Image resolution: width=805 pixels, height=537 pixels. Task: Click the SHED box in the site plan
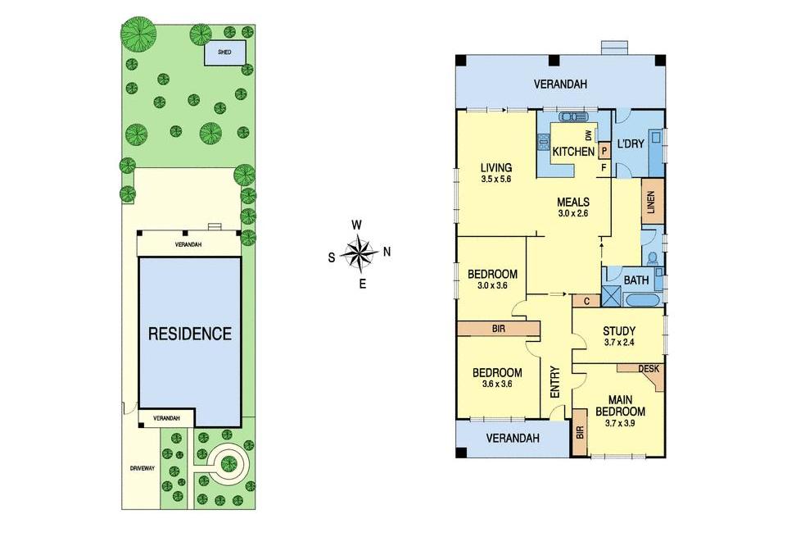pos(225,53)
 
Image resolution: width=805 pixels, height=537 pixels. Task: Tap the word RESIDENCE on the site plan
pos(190,334)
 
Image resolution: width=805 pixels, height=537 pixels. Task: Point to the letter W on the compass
pos(357,225)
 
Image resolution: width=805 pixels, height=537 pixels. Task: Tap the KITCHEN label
pos(573,152)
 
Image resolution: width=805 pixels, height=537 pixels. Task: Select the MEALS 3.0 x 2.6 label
pos(573,207)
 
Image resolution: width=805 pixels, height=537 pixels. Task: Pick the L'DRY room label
pos(631,144)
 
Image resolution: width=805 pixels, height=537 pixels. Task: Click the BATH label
pos(636,280)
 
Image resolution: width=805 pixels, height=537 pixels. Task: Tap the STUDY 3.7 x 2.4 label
pos(618,335)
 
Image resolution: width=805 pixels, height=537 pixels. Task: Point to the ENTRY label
pos(555,382)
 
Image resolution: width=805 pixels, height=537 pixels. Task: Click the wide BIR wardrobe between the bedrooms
pos(498,329)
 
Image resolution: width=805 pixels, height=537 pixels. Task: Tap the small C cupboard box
pos(586,301)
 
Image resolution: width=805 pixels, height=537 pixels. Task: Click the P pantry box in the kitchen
pos(604,151)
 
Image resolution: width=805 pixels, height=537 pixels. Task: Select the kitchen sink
pos(568,116)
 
